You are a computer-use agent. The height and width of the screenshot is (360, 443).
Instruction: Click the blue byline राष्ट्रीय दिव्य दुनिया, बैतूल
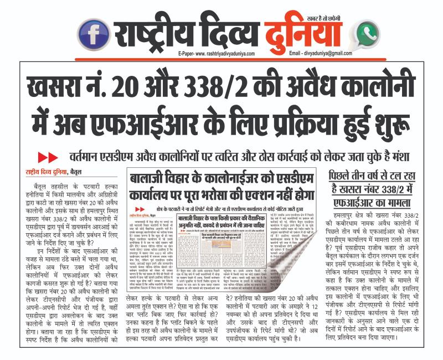53,171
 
